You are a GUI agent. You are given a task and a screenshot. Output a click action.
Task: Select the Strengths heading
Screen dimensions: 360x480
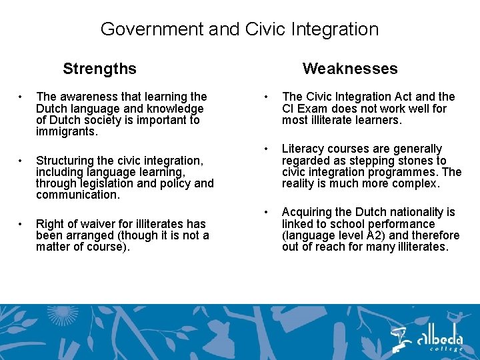(99, 69)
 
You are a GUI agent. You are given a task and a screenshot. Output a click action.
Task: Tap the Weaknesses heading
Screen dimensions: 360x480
(349, 69)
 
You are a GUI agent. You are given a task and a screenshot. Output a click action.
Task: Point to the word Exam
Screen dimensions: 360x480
(312, 109)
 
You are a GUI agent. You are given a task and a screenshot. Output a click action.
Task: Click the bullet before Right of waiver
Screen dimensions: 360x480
(22, 224)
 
